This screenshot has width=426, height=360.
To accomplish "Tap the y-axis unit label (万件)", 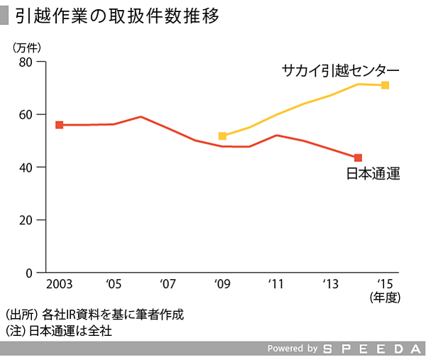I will coord(28,47).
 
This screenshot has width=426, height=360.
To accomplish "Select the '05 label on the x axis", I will coord(114,285).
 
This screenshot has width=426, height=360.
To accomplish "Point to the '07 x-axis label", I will coord(168,285).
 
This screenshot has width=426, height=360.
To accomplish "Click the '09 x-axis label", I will coord(222,285).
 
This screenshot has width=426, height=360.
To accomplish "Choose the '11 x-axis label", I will coord(276,285).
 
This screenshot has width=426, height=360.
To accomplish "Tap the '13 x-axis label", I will coord(330,285).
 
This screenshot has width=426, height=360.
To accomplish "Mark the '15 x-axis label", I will coord(385,285).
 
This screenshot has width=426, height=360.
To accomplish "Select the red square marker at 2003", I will coord(60,125).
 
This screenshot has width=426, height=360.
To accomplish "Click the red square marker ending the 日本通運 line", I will coord(358,158).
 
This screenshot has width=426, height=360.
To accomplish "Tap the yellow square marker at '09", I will coord(222,136).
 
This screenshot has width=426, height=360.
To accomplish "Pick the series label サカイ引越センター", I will coord(340,70).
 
